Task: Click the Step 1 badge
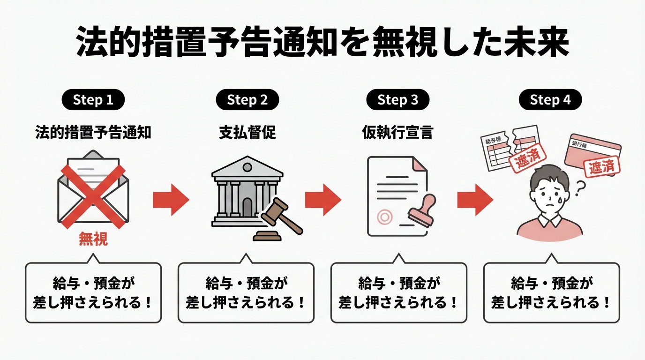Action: [93, 100]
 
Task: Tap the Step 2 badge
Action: [247, 100]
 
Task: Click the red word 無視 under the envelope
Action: [93, 240]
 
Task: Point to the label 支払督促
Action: [247, 133]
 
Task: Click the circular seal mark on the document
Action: [385, 217]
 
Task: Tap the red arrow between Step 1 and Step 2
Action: [171, 199]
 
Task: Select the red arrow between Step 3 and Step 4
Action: [475, 199]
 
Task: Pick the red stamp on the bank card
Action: [601, 167]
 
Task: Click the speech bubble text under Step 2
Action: [246, 293]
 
